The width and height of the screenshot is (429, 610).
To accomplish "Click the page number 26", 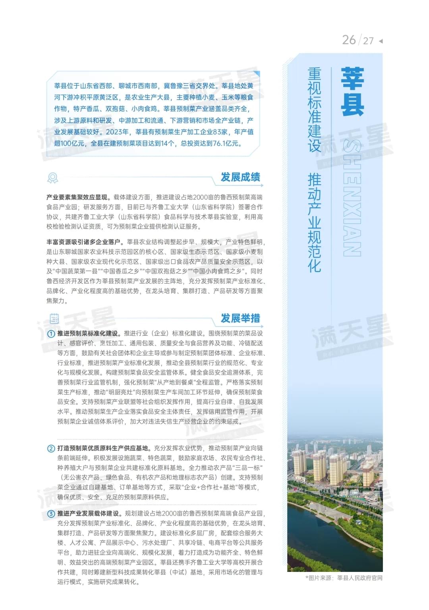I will click(349, 40).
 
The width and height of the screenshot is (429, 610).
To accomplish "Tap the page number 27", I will click(368, 41).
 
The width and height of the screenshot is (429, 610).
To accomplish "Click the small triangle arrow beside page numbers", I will click(381, 41).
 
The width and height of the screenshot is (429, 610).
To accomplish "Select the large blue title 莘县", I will click(352, 91).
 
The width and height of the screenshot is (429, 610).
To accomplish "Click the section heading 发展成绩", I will click(240, 177).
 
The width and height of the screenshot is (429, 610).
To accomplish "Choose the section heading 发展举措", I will click(240, 318).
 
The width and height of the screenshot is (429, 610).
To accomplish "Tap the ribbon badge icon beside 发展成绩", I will click(52, 178).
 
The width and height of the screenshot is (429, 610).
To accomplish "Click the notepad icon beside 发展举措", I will click(54, 319).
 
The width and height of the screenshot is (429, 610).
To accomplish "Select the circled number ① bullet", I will click(51, 334).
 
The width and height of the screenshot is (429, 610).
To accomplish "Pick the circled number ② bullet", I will click(51, 448).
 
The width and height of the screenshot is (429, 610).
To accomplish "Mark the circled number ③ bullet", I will click(51, 513).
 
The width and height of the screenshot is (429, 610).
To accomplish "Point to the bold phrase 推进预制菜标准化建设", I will click(88, 333).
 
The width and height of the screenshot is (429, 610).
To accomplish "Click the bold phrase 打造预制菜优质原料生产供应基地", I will click(103, 448).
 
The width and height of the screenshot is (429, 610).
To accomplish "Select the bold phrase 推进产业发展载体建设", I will click(88, 513).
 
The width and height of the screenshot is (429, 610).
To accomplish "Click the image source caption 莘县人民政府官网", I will click(359, 578).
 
